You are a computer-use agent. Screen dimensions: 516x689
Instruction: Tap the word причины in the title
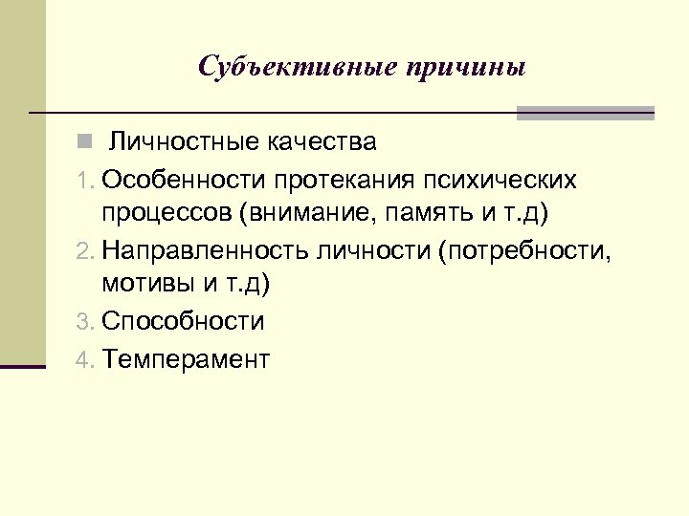coord(466,68)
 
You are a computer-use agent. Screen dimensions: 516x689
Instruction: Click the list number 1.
coord(84,180)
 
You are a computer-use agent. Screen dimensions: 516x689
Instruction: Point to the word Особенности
coord(185,179)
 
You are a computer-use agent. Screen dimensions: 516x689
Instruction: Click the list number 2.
coord(85,251)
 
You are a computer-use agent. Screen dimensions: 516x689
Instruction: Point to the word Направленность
coord(204,250)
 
